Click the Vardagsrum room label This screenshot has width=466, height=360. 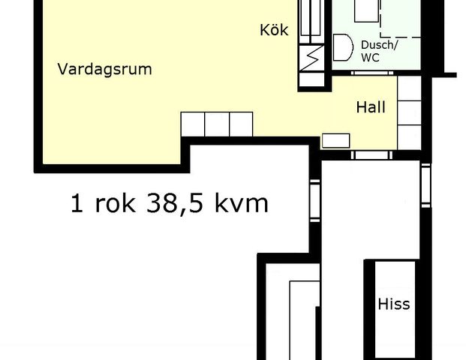[x=105, y=70]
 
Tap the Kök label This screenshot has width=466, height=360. [x=274, y=31]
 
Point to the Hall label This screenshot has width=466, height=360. [x=371, y=107]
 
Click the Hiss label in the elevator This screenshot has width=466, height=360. [x=394, y=304]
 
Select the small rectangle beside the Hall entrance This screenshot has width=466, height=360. [x=335, y=139]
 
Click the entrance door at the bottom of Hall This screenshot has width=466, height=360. [x=372, y=155]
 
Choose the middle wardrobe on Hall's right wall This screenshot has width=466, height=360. [x=408, y=112]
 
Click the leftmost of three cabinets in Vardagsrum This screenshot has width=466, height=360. [x=193, y=124]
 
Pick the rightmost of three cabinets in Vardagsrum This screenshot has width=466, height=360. [x=241, y=124]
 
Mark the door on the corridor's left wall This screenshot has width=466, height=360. [x=314, y=202]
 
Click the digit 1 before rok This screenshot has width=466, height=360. [x=77, y=202]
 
